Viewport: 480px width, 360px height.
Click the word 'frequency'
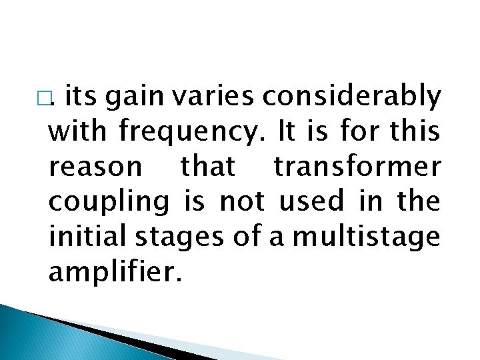pos(191,133)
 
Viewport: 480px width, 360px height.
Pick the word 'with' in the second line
pos(78,131)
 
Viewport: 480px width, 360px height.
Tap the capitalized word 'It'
pos(286,131)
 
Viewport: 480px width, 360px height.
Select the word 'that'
pos(208,166)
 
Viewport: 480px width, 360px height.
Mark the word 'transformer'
pos(357,166)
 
